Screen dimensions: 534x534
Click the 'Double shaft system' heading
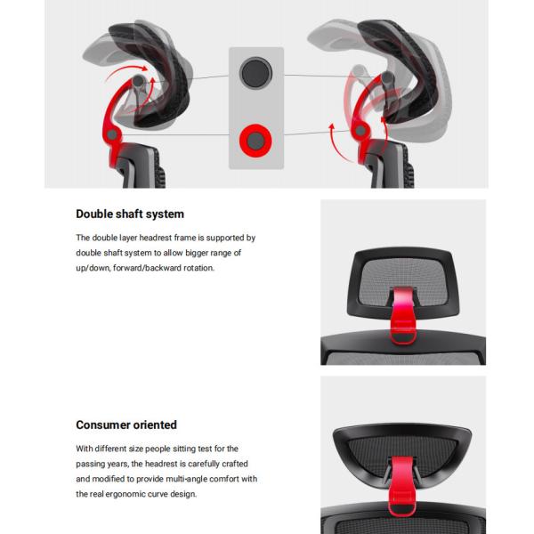pos(130,214)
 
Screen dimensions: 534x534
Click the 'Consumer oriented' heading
pos(126,425)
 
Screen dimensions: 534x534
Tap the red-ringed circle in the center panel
pos(255,141)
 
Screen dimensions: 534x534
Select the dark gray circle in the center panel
pos(255,73)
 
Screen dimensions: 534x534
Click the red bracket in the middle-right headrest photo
pos(404,315)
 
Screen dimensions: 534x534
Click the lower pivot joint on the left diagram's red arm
pos(112,135)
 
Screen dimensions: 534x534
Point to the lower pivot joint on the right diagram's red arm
pos(360,130)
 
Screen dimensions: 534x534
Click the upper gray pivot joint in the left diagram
pos(138,81)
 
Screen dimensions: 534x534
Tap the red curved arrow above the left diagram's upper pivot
pos(125,70)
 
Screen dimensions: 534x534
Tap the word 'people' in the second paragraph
pos(158,449)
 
